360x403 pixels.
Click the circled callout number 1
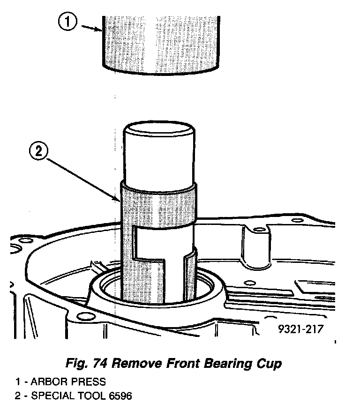(x=68, y=22)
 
